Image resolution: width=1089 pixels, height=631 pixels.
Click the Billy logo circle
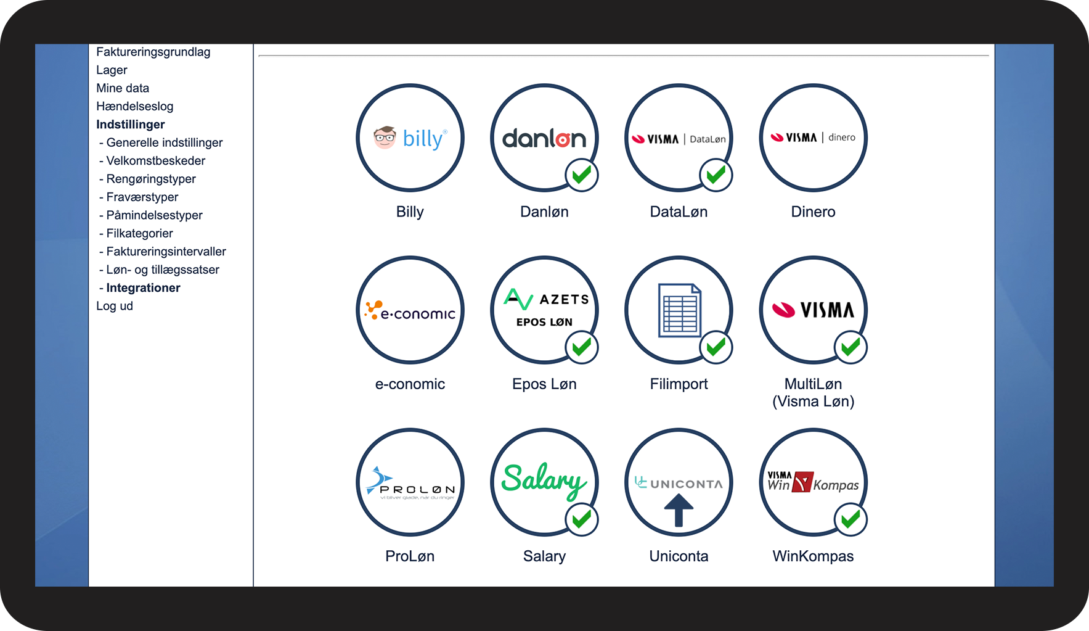tap(410, 138)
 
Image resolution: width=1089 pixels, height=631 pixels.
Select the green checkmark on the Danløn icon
tap(582, 175)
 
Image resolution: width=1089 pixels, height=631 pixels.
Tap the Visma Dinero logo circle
tap(813, 138)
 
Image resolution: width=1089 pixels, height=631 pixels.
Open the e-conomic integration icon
tap(410, 310)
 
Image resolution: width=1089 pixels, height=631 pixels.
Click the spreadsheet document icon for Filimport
tap(680, 310)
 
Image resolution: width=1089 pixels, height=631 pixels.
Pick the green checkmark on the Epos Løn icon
tap(582, 347)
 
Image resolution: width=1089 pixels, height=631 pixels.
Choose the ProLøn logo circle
tap(410, 482)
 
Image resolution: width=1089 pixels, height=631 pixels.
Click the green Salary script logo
tap(544, 481)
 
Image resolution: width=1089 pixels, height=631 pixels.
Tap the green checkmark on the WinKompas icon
tap(850, 519)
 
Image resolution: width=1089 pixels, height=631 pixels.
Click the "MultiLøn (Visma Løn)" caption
tap(813, 392)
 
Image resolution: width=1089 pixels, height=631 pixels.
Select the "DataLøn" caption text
tap(679, 212)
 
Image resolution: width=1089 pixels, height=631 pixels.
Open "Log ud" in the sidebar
tap(115, 306)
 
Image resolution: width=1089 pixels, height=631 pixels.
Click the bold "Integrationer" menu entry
tap(143, 288)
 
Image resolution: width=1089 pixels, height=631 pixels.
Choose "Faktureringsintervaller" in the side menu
tap(166, 252)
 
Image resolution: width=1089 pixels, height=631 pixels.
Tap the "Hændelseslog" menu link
tap(134, 106)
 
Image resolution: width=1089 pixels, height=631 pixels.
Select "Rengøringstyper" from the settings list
tap(151, 179)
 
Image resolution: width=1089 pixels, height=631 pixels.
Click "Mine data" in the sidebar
tap(123, 88)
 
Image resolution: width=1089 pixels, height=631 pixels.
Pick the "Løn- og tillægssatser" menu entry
tap(163, 270)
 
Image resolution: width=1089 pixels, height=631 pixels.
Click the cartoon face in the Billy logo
tap(385, 137)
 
